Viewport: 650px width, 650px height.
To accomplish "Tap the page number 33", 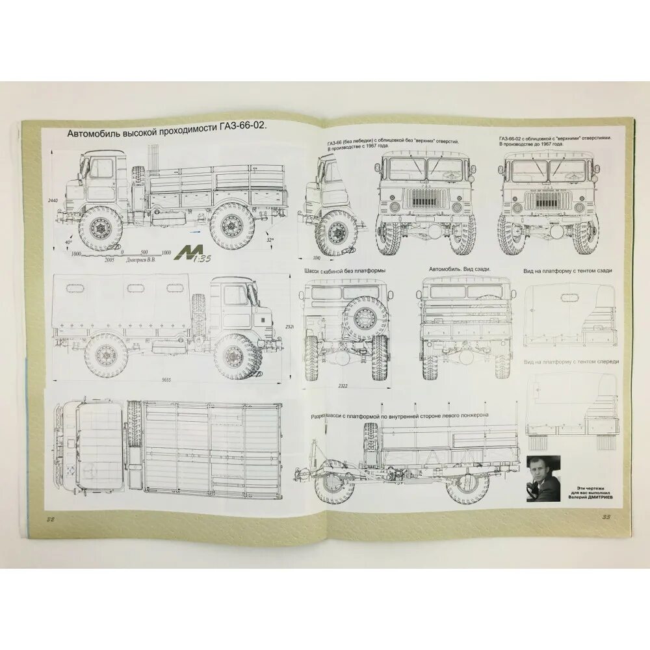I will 604,518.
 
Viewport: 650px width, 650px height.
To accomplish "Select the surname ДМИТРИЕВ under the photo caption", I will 603,499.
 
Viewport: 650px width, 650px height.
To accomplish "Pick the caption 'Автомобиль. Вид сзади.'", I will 460,270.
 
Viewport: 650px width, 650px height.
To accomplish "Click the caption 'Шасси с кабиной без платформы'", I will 344,270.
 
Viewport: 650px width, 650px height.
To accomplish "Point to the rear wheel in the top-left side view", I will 231,225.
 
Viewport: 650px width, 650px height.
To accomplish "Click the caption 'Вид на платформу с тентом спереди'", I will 571,361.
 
